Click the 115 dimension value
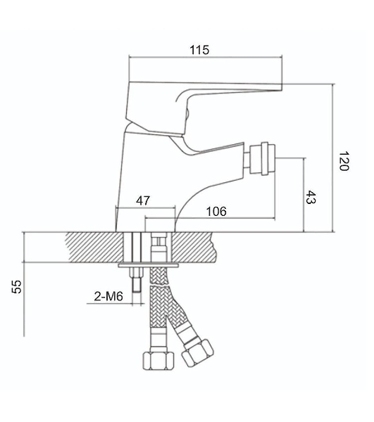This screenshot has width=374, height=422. pyautogui.click(x=199, y=50)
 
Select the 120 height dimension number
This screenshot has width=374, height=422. pyautogui.click(x=344, y=160)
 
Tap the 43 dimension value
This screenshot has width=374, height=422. pyautogui.click(x=311, y=197)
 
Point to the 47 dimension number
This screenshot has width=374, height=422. pyautogui.click(x=143, y=200)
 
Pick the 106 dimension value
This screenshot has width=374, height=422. pyautogui.click(x=216, y=212)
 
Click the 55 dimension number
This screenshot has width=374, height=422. pyautogui.click(x=17, y=286)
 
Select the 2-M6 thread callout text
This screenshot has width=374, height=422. pyautogui.click(x=108, y=296)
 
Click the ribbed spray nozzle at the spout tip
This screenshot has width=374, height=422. pyautogui.click(x=262, y=158)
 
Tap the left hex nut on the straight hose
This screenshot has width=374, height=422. pyautogui.click(x=158, y=361)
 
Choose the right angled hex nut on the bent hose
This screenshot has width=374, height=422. pyautogui.click(x=197, y=353)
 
